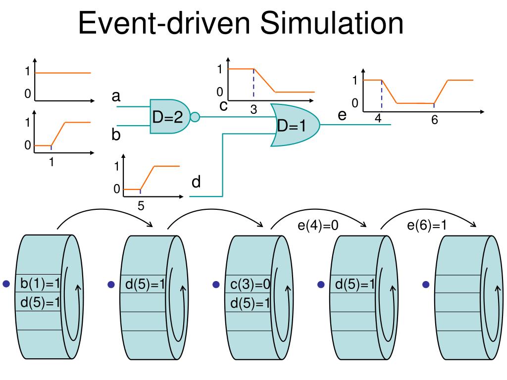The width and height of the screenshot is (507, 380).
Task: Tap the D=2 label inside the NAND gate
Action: click(x=167, y=117)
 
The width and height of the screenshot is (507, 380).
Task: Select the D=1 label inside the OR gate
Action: click(x=292, y=127)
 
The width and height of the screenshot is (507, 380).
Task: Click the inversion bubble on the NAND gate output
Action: click(x=195, y=117)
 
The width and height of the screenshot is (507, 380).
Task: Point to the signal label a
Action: click(x=116, y=96)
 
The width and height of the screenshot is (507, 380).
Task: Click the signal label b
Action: click(x=116, y=135)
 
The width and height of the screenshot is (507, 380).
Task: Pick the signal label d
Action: click(x=196, y=183)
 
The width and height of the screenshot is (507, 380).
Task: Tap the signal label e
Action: click(x=342, y=115)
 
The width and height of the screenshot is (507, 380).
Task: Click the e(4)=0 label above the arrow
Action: click(x=318, y=226)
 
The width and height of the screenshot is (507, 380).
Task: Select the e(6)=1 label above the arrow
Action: click(x=427, y=226)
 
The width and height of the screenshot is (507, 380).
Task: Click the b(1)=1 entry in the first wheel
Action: click(x=40, y=284)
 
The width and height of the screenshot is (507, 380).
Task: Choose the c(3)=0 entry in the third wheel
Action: click(x=250, y=285)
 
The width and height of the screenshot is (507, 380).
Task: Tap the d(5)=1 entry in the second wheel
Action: click(x=145, y=285)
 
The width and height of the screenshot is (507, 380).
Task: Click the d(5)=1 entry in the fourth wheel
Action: click(x=355, y=285)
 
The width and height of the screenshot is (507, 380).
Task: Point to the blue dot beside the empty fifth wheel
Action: click(x=426, y=285)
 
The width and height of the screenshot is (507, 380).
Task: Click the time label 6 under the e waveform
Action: click(x=434, y=120)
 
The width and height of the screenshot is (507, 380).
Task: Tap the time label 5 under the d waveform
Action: click(x=141, y=206)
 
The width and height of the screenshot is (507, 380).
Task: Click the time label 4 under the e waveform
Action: click(x=378, y=119)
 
